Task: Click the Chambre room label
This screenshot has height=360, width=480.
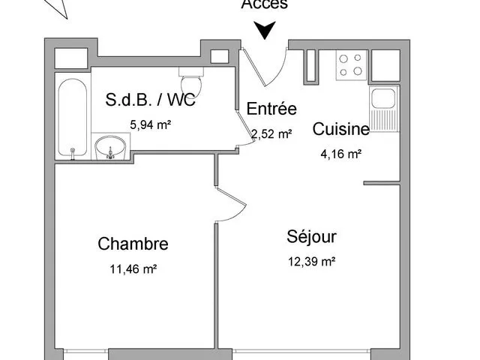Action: pyautogui.click(x=133, y=244)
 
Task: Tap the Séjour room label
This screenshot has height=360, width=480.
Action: pyautogui.click(x=311, y=237)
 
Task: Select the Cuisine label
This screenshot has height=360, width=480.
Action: pyautogui.click(x=341, y=129)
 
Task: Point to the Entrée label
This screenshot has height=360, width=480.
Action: pyautogui.click(x=271, y=109)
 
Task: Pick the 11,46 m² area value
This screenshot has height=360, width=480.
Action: pyautogui.click(x=133, y=268)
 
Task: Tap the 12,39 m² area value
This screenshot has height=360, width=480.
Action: pyautogui.click(x=310, y=262)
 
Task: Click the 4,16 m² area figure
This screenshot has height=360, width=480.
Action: pyautogui.click(x=341, y=154)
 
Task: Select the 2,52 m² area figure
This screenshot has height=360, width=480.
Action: pyautogui.click(x=271, y=134)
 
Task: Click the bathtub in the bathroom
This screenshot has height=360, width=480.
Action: pyautogui.click(x=73, y=117)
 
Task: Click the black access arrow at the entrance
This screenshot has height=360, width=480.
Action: pyautogui.click(x=265, y=31)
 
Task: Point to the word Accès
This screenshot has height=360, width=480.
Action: pyautogui.click(x=264, y=4)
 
